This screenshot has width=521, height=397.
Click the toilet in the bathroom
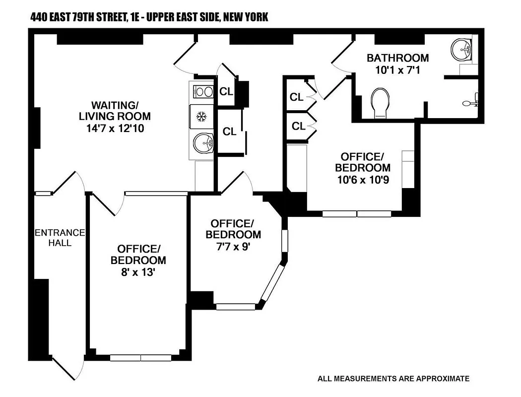(x=381, y=103)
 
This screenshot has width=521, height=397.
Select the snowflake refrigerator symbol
(x=201, y=117)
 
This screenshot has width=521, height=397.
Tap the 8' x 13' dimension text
(x=138, y=272)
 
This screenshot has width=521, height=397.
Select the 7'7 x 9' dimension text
(x=233, y=246)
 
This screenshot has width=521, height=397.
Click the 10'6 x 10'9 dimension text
(x=362, y=179)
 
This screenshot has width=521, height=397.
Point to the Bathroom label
(x=397, y=58)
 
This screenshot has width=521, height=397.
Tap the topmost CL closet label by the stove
(x=226, y=91)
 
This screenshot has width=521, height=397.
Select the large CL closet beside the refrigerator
(x=229, y=132)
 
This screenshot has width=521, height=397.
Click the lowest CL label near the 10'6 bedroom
(x=298, y=127)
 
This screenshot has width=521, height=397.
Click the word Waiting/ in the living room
(x=114, y=105)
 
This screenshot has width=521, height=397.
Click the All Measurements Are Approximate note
(x=393, y=379)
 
